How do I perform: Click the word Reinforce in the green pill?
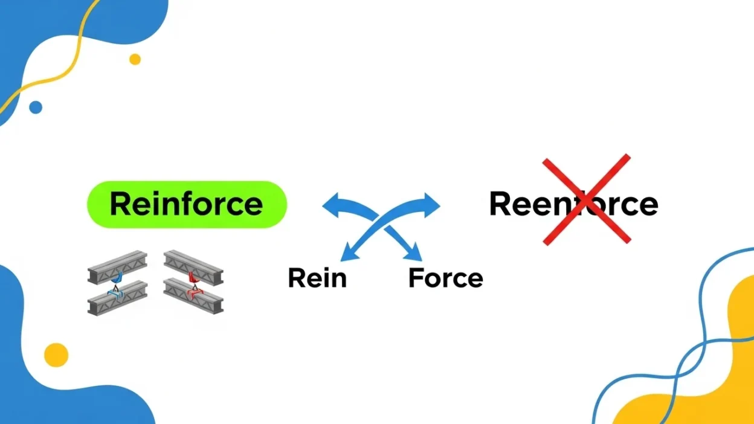tap(186, 204)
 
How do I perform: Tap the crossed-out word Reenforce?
tap(573, 204)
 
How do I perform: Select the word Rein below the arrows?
tap(317, 278)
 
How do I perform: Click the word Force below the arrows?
tap(445, 278)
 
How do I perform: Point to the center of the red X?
tap(586, 199)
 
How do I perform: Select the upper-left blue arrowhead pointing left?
tap(331, 206)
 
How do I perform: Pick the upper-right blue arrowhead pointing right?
tap(433, 205)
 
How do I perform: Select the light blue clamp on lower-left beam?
tap(116, 294)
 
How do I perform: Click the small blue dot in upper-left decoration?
tap(36, 108)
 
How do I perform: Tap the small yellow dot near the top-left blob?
tap(135, 59)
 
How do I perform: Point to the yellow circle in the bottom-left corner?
tap(56, 355)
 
